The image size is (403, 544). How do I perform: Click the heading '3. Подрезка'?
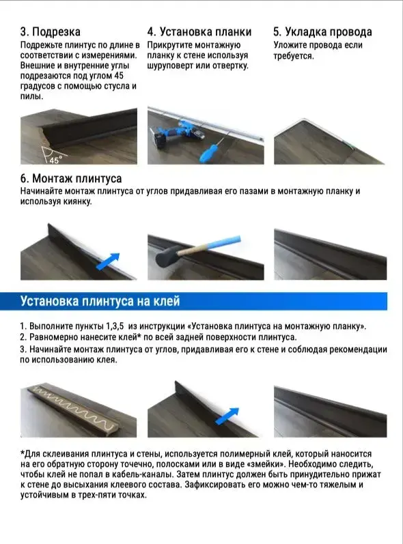pos(51,32)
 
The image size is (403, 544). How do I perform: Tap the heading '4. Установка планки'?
pos(199,32)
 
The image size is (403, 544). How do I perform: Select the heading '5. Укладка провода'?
pos(322,32)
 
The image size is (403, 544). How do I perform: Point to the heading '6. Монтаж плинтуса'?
pos(71,179)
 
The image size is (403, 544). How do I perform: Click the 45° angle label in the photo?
pos(55,160)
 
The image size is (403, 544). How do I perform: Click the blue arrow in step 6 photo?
pos(107,261)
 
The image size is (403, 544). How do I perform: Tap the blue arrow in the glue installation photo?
pos(227,416)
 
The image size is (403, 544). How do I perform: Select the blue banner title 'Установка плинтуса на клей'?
pos(100,301)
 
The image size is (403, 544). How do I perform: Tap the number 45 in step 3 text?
pos(119,76)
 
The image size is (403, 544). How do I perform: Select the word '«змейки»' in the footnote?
pos(265,464)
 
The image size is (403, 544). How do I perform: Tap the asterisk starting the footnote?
pos(23,453)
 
